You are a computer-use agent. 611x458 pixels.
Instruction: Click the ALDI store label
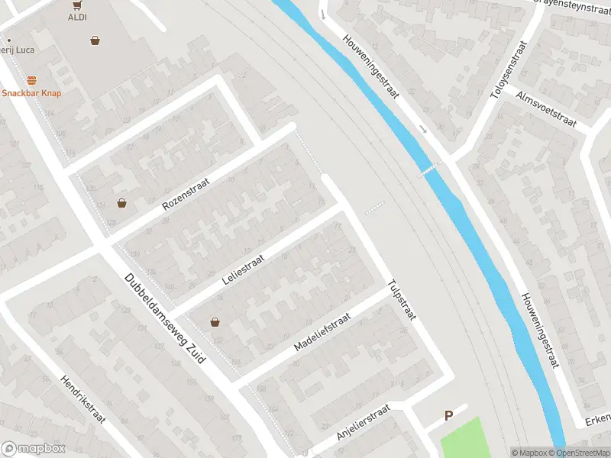pyautogui.click(x=77, y=17)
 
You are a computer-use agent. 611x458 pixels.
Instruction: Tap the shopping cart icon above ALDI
pyautogui.click(x=77, y=5)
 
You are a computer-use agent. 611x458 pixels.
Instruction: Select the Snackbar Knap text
pyautogui.click(x=31, y=93)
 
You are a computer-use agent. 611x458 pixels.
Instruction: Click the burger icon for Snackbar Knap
pyautogui.click(x=31, y=80)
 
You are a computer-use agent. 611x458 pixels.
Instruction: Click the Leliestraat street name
pyautogui.click(x=243, y=269)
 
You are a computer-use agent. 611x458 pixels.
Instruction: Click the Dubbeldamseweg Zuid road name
pyautogui.click(x=165, y=318)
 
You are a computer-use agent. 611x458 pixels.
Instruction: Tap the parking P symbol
pyautogui.click(x=449, y=416)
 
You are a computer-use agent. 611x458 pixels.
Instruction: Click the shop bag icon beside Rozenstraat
pyautogui.click(x=121, y=203)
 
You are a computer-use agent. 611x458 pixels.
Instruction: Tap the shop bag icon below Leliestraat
pyautogui.click(x=215, y=321)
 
